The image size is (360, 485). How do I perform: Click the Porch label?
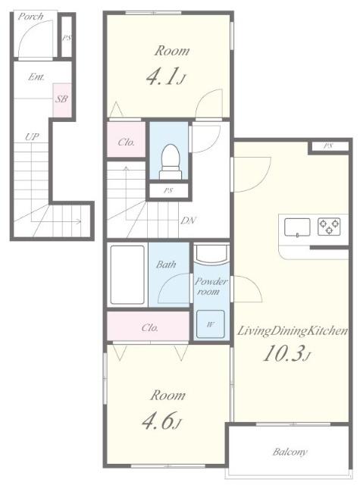point(30,17)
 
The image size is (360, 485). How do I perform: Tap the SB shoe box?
point(62,100)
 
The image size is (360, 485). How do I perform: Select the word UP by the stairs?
point(32,136)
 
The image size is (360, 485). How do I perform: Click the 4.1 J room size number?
point(165,77)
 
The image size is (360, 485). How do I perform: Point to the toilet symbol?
point(170,161)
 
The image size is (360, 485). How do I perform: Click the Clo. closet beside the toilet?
point(126,139)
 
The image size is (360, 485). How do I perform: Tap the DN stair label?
point(188,221)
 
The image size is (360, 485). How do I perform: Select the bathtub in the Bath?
point(127,274)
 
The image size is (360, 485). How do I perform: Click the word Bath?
point(166,264)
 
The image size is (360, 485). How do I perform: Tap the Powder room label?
point(210,286)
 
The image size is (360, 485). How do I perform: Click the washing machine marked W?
point(211,324)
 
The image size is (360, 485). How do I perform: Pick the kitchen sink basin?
point(297,227)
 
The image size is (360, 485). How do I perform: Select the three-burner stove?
point(329,226)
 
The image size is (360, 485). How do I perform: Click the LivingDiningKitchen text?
point(293,330)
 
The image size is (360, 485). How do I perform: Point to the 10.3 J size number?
point(286,354)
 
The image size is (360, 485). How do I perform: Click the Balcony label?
point(290,452)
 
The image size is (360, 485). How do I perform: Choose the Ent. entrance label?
point(36,77)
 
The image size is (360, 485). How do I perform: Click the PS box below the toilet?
point(168,191)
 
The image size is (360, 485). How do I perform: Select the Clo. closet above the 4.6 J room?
point(148,326)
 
